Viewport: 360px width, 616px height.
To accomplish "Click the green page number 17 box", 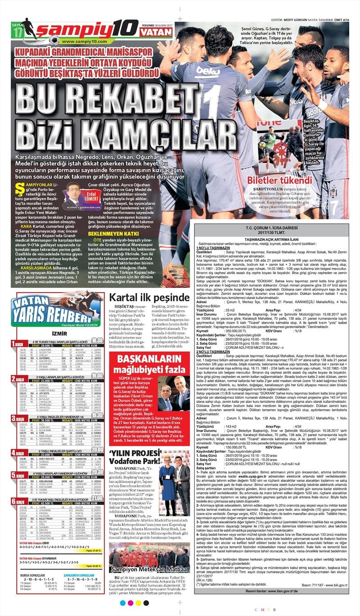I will (x=18, y=33).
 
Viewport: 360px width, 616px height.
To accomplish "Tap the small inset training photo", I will (x=279, y=145).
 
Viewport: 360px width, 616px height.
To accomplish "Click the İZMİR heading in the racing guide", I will (x=60, y=333).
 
